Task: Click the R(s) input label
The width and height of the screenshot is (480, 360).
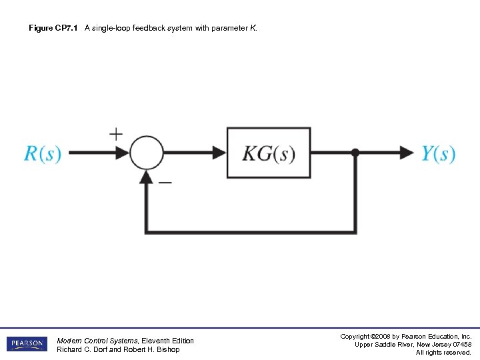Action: (43, 153)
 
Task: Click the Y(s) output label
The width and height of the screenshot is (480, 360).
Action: (438, 153)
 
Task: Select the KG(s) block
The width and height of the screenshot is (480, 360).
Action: (269, 153)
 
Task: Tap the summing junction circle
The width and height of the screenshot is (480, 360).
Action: (147, 153)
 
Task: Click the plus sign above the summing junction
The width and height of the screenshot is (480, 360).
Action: (116, 133)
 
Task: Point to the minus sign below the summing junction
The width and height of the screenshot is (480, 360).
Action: (165, 181)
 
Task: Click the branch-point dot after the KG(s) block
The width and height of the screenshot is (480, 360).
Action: (355, 153)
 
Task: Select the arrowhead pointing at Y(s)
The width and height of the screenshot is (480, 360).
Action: (407, 153)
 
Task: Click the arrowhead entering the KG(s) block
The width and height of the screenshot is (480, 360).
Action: (219, 153)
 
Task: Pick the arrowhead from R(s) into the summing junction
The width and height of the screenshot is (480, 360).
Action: (123, 153)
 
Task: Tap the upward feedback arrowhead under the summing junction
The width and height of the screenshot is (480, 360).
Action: (147, 177)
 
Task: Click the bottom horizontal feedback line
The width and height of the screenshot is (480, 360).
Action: (251, 231)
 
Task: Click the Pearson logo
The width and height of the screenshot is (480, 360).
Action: (27, 344)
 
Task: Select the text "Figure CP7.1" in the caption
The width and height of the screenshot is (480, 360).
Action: (53, 29)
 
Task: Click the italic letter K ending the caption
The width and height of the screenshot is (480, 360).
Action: (253, 29)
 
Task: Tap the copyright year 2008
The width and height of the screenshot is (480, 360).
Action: (377, 336)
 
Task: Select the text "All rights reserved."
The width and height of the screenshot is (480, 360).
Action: (443, 352)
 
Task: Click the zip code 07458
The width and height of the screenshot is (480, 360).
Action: (460, 344)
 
